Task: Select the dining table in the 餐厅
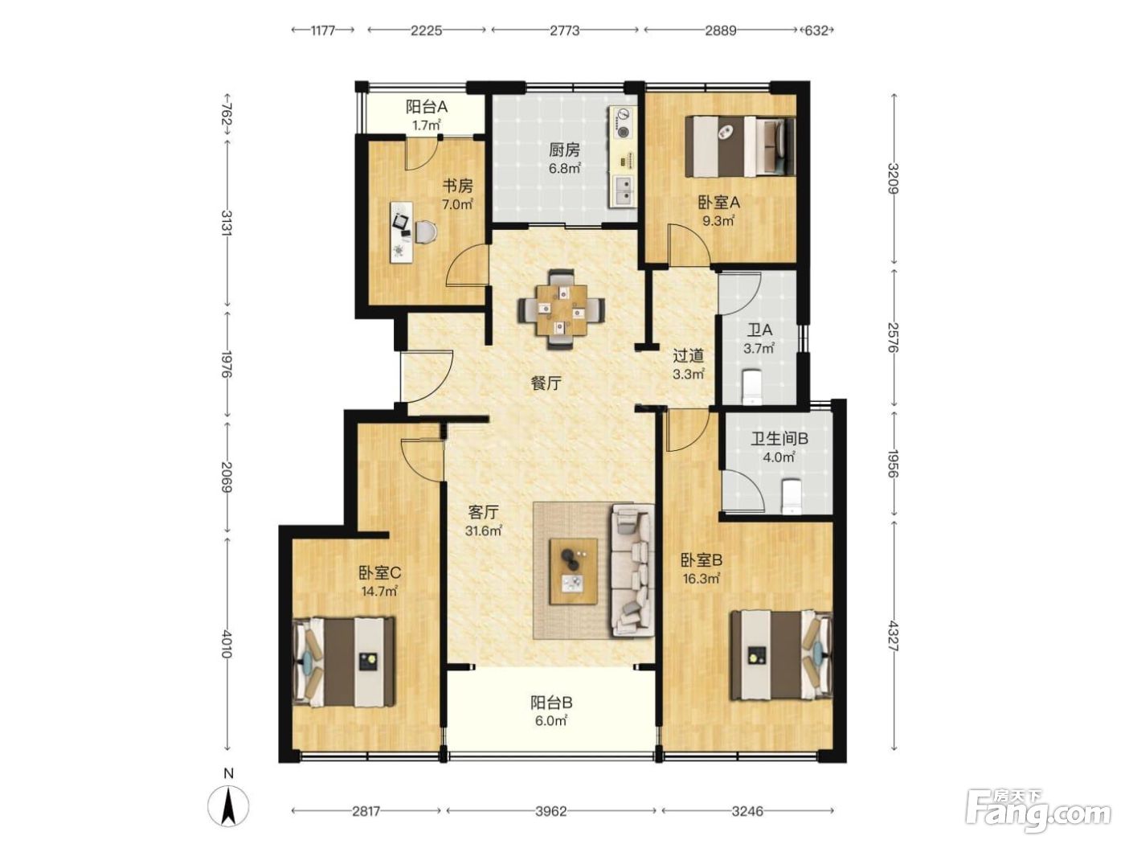[x=561, y=309]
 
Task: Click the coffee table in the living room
[x=573, y=571]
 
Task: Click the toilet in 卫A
[x=752, y=385]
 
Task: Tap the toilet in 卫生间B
[x=792, y=495]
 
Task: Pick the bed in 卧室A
[x=740, y=146]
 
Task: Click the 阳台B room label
[x=551, y=702]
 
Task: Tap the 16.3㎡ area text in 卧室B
[x=702, y=579]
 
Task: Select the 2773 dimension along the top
[x=564, y=31]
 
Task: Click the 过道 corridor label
[x=689, y=355]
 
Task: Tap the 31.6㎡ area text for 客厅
[x=483, y=531]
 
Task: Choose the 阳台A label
[x=427, y=107]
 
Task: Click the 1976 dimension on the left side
[x=227, y=364]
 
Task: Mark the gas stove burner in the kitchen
[x=623, y=132]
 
